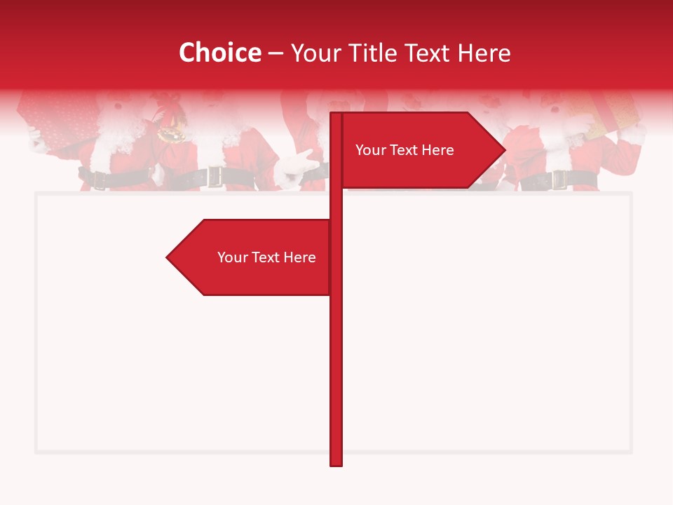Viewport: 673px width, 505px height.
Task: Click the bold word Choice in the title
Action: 219,53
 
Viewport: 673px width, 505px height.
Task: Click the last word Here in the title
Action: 484,53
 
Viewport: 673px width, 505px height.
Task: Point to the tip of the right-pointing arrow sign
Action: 504,149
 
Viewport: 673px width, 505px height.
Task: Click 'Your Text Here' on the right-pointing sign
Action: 405,150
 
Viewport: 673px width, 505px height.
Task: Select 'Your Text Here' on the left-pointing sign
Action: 266,257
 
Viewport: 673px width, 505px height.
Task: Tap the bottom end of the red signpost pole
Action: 336,464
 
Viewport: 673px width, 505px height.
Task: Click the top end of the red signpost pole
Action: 336,114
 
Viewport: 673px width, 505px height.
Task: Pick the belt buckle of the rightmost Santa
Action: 559,179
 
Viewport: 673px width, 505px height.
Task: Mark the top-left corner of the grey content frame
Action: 36,194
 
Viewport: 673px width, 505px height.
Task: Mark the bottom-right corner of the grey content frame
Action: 630,452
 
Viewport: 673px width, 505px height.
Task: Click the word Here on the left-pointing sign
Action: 299,257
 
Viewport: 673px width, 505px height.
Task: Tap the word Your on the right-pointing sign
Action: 370,150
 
